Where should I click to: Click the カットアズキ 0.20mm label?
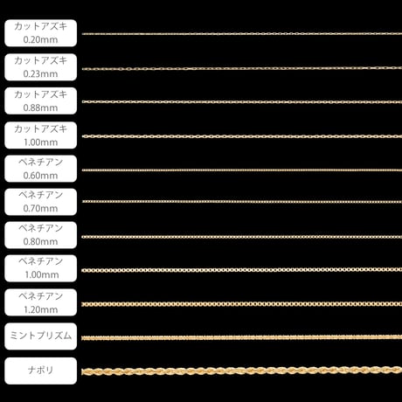pyautogui.click(x=41, y=33)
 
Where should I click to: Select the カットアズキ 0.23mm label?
pyautogui.click(x=41, y=67)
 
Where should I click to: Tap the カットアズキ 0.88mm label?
pyautogui.click(x=41, y=100)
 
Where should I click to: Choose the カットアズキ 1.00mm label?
pyautogui.click(x=41, y=135)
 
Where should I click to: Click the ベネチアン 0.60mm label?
pyautogui.click(x=41, y=169)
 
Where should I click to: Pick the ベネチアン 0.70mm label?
pyautogui.click(x=41, y=202)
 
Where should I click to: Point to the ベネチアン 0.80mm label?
pyautogui.click(x=41, y=235)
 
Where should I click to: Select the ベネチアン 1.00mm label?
pyautogui.click(x=41, y=268)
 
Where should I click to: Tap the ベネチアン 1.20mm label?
pyautogui.click(x=41, y=302)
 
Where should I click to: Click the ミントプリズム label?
pyautogui.click(x=41, y=336)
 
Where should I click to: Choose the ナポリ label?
pyautogui.click(x=41, y=371)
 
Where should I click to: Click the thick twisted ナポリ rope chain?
pyautogui.click(x=242, y=371)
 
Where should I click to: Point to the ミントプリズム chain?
pyautogui.click(x=242, y=337)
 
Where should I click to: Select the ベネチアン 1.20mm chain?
pyautogui.click(x=242, y=304)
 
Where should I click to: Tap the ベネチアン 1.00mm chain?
pyautogui.click(x=242, y=270)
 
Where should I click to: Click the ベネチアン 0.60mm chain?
pyautogui.click(x=242, y=170)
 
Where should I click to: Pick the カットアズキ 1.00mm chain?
pyautogui.click(x=242, y=136)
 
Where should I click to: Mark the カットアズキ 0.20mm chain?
pyautogui.click(x=242, y=34)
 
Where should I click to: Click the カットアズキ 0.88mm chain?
pyautogui.click(x=242, y=102)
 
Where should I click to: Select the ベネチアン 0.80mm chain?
pyautogui.click(x=242, y=237)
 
